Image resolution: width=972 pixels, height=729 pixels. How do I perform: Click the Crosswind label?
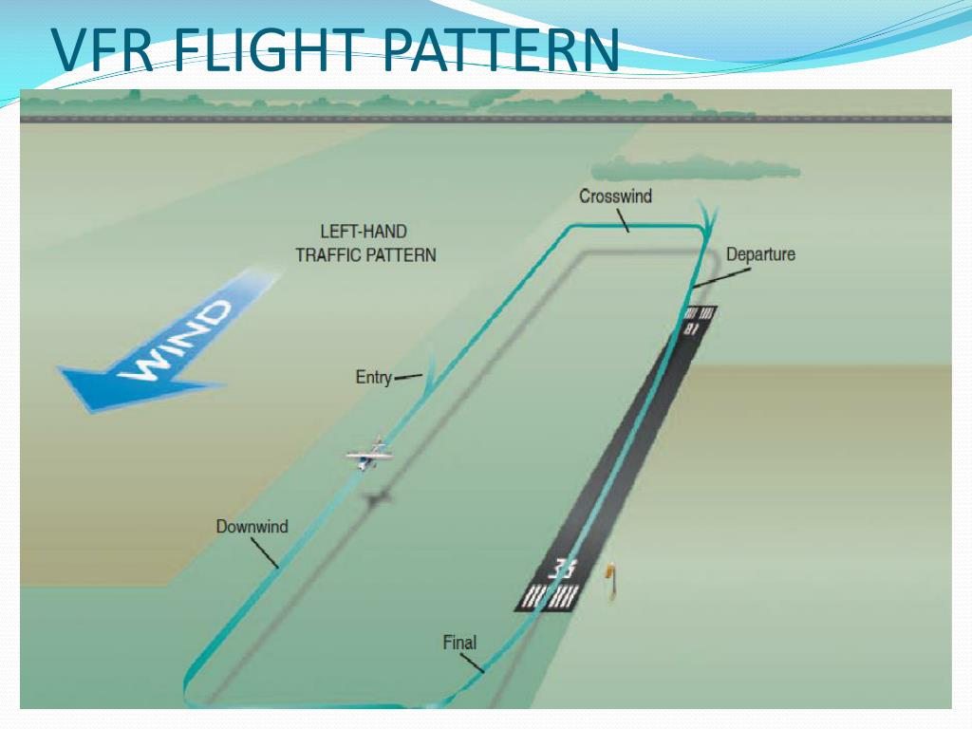[615, 196]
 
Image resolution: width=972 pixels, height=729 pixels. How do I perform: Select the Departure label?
[760, 253]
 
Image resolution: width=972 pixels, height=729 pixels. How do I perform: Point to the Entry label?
[373, 377]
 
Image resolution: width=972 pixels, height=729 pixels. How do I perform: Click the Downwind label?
[252, 526]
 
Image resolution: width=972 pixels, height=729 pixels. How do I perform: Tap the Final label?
[459, 643]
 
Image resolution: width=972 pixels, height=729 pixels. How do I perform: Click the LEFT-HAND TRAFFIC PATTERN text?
[365, 243]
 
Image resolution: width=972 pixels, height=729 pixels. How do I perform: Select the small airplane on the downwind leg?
[370, 456]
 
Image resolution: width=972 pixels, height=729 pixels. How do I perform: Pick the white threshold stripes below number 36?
[549, 597]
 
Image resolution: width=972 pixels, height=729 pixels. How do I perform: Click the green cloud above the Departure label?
[693, 169]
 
